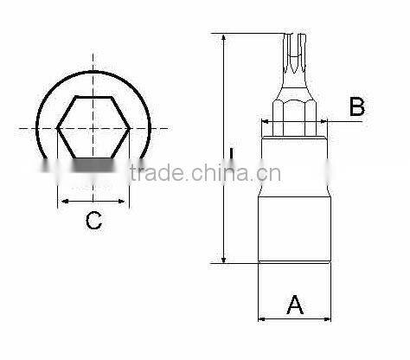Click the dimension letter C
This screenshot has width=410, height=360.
pyautogui.click(x=93, y=222)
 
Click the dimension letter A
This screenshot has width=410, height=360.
pyautogui.click(x=295, y=305)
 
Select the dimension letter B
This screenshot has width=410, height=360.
pyautogui.click(x=357, y=107)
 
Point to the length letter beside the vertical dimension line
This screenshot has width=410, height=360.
pyautogui.click(x=232, y=156)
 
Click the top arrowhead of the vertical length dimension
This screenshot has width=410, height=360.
pyautogui.click(x=223, y=38)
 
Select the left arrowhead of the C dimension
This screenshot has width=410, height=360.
pyautogui.click(x=61, y=202)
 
